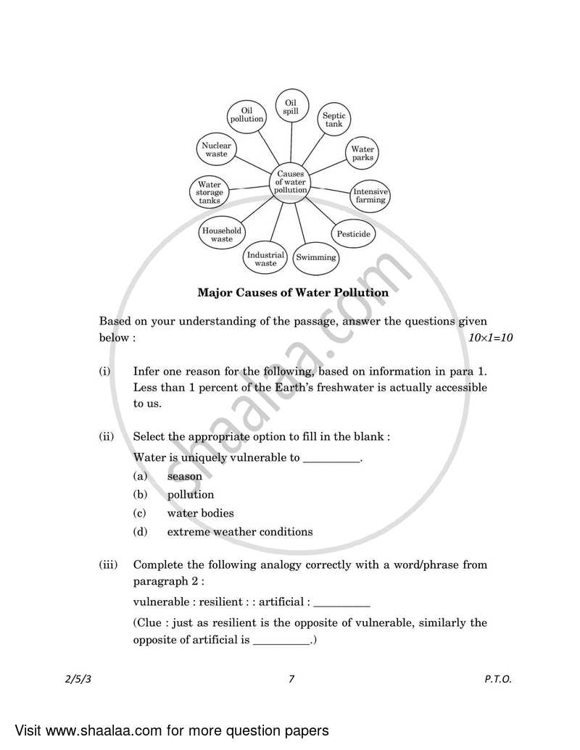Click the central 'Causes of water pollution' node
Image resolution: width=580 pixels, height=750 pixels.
290,182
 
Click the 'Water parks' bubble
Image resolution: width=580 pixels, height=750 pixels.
362,154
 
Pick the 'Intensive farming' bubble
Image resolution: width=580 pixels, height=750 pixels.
370,196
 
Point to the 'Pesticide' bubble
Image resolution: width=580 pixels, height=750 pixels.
353,234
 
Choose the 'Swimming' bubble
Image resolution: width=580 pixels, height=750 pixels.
316,257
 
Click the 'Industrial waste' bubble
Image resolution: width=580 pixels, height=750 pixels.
265,259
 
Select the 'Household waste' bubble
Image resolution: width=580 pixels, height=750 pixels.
222,235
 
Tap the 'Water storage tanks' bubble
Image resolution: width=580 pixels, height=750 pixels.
210,193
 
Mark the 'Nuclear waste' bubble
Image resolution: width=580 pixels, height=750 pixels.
216,150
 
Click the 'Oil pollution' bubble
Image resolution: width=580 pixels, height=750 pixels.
246,114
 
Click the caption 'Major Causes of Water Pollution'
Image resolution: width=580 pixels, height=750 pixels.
293,293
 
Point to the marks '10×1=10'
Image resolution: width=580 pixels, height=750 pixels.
491,338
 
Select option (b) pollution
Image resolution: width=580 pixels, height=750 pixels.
190,495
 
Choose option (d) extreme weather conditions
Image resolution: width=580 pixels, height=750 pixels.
239,532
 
